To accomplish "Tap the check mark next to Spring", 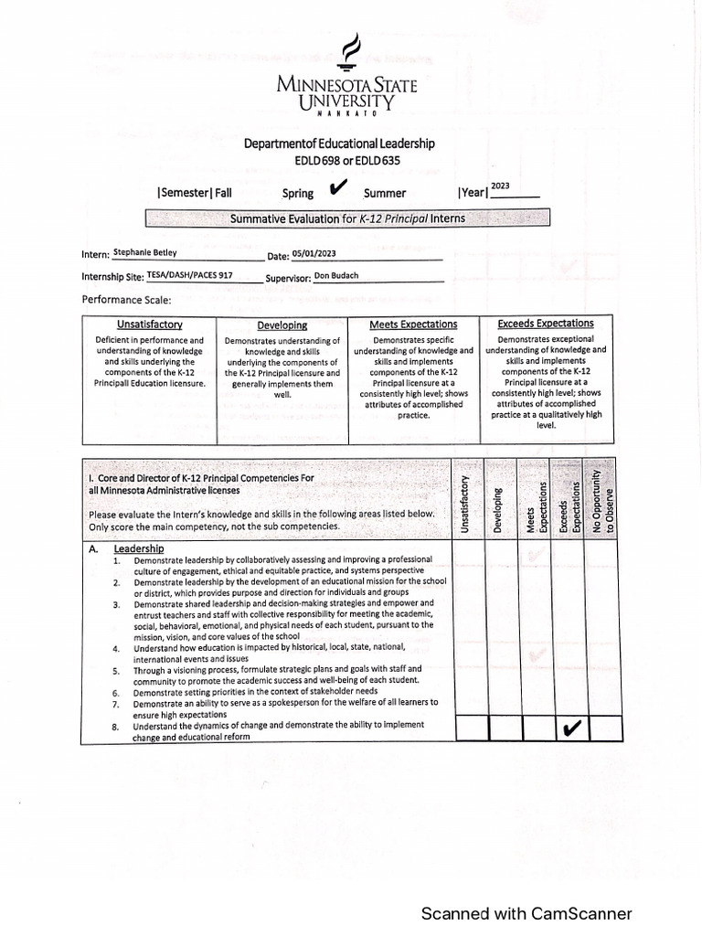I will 336,188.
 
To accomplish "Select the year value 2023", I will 500,186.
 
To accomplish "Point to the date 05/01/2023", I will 316,254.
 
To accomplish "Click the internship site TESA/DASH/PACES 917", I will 189,274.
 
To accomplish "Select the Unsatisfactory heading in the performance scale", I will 150,324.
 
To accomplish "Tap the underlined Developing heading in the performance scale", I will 282,325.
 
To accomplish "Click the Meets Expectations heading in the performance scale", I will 413,324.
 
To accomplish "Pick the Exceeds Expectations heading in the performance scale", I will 546,324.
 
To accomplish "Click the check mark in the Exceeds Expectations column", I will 572,729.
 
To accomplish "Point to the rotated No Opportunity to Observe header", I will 603,501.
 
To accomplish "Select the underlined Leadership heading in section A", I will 139,548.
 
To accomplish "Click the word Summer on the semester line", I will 385,193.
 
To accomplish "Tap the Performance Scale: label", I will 126,299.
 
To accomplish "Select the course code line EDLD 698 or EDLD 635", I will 347,161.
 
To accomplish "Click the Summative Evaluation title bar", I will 347,218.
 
